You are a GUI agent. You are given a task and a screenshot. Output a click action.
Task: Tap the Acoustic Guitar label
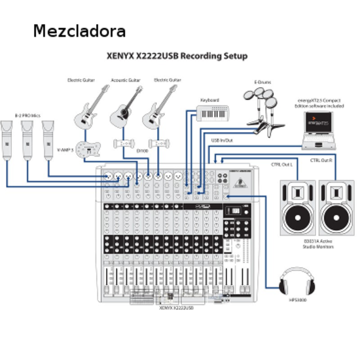[x=124, y=80]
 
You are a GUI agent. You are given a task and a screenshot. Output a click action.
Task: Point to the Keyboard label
[x=209, y=100]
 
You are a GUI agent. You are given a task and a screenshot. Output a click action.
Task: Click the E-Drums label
[x=264, y=82]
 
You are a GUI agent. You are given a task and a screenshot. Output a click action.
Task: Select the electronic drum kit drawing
[x=264, y=109]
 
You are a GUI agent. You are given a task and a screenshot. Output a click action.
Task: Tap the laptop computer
[x=319, y=128]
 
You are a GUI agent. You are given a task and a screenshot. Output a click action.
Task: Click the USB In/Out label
[x=222, y=139]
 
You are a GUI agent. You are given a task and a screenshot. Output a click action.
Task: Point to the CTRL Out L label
[x=281, y=165]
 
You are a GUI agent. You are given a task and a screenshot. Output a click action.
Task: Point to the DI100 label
[x=141, y=150]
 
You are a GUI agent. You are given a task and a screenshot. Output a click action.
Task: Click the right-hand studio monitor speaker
[x=337, y=208]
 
